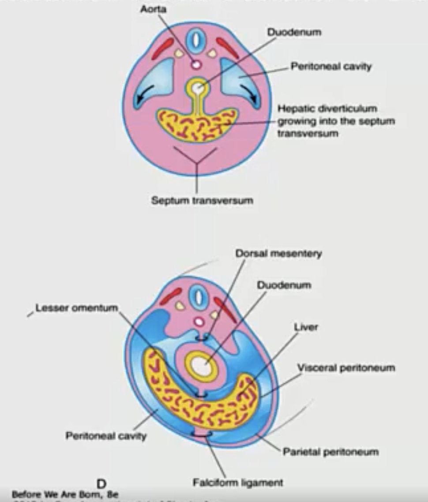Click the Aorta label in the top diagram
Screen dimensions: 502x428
[153, 8]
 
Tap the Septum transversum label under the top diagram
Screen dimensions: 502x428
[202, 201]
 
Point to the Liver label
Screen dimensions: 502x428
[306, 327]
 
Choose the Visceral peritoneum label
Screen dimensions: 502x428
[345, 367]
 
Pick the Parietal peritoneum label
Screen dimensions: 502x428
[330, 452]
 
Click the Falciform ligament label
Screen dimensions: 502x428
[238, 483]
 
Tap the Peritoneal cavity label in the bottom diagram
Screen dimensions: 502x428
[106, 436]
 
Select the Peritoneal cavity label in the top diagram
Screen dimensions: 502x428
[331, 66]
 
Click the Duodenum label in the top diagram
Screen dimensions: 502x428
[294, 32]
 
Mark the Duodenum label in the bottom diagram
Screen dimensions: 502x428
[284, 285]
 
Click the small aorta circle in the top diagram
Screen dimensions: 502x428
[196, 65]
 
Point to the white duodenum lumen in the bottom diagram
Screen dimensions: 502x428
[201, 366]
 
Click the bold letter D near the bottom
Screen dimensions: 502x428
[101, 484]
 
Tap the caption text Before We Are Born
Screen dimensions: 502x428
[64, 495]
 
